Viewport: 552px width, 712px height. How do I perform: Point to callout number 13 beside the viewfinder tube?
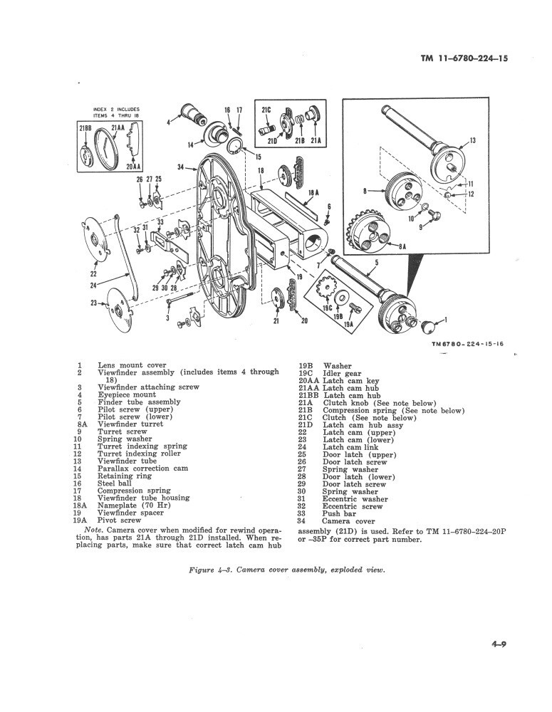click(472, 142)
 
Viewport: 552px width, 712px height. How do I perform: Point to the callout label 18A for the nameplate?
click(312, 192)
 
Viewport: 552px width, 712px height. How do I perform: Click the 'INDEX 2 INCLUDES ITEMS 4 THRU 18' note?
click(116, 112)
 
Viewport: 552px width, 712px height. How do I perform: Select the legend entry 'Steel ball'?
click(114, 483)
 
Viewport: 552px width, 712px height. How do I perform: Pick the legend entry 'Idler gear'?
click(342, 374)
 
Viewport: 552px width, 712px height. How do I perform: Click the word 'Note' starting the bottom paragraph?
click(93, 531)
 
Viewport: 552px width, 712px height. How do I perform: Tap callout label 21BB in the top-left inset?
click(85, 127)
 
